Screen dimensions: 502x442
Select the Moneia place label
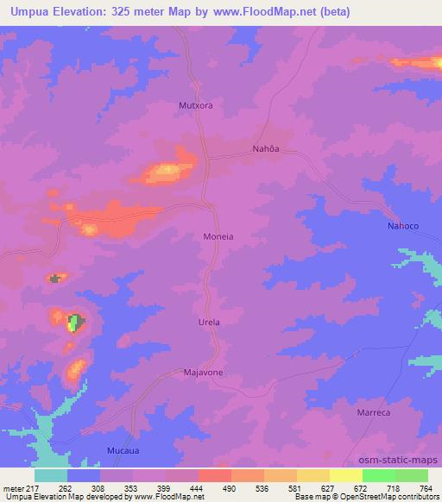(218, 235)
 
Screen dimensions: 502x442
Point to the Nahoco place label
(402, 226)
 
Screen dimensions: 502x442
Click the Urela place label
(211, 323)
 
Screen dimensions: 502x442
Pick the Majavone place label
(204, 373)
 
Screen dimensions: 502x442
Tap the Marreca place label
(375, 413)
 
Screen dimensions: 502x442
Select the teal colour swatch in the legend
(51, 475)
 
